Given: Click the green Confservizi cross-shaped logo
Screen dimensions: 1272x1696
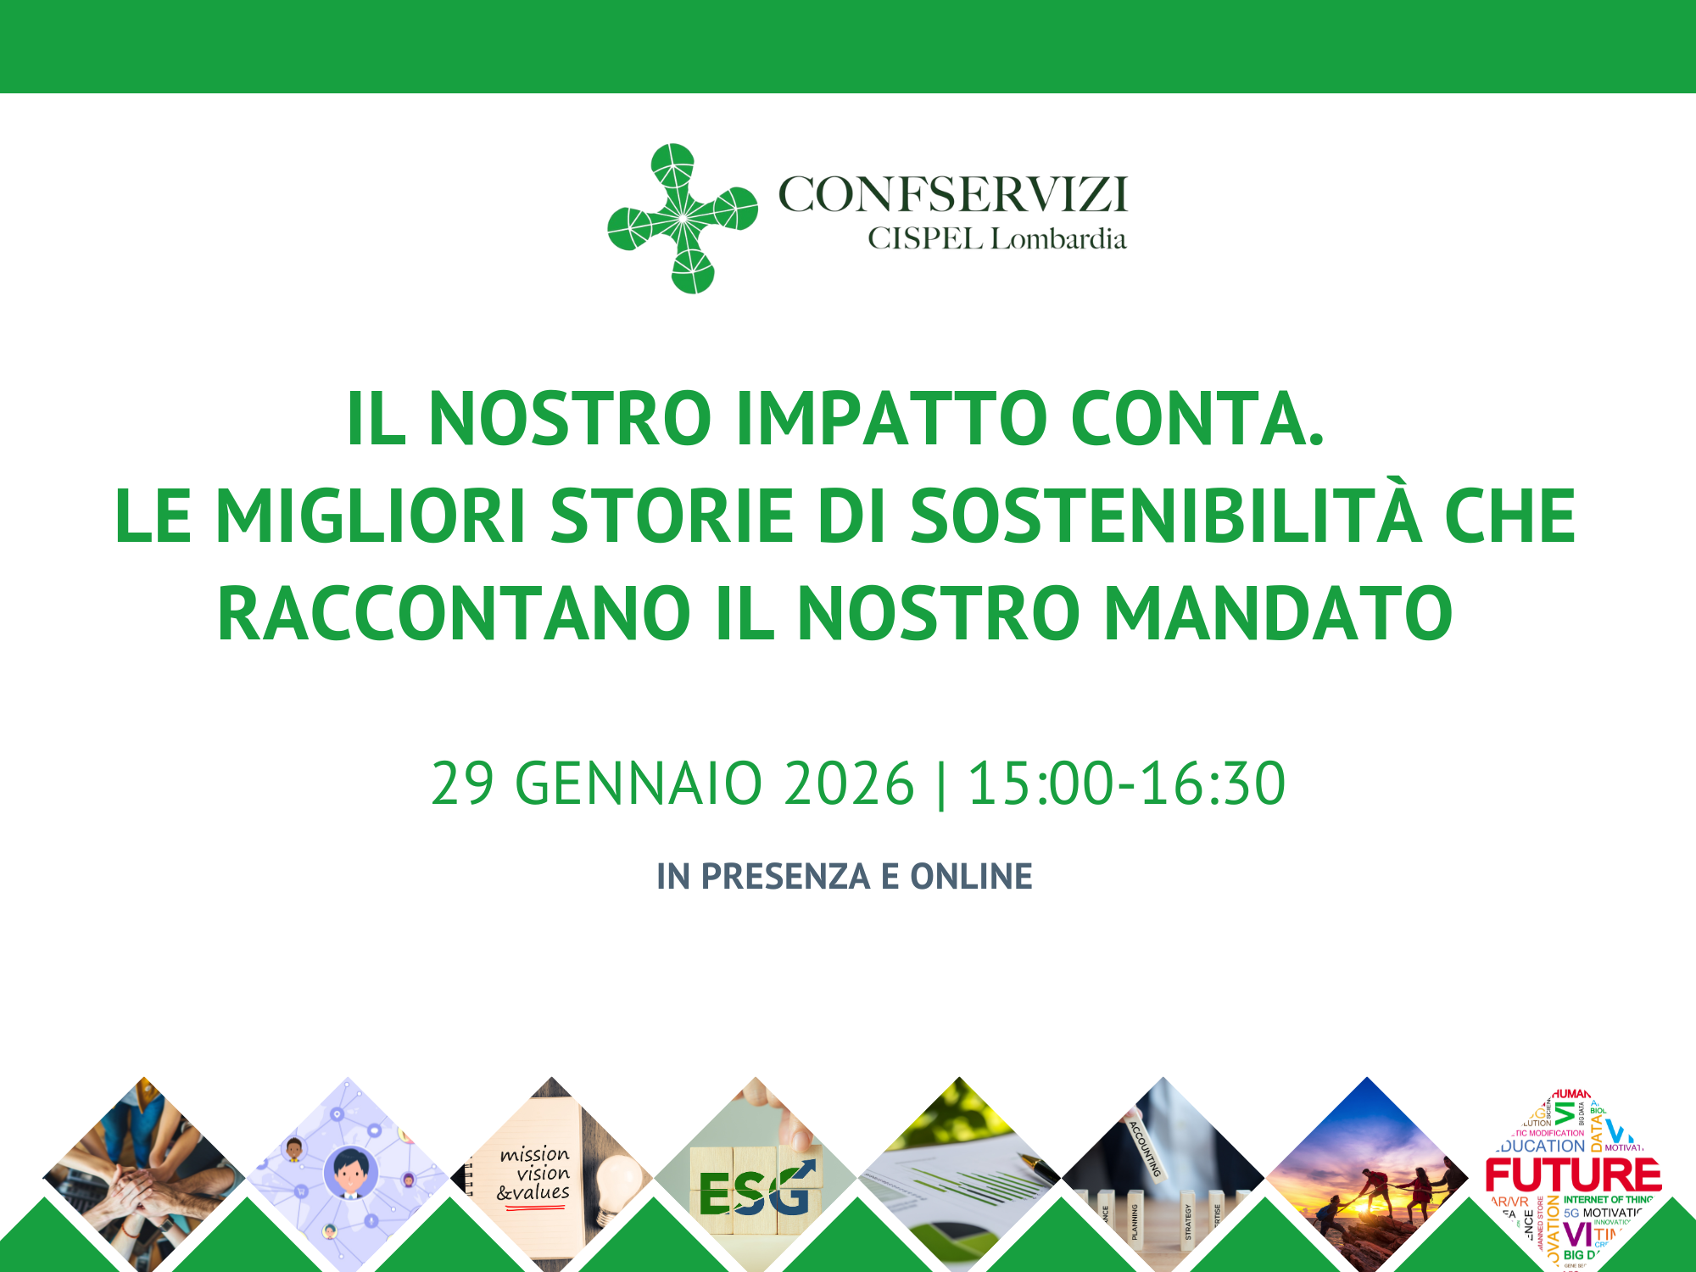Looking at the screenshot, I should (683, 219).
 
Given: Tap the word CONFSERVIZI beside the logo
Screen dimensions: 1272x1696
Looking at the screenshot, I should (953, 194).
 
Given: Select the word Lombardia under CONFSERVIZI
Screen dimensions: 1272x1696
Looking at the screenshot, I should (1058, 239).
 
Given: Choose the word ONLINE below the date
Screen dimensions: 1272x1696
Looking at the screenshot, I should (971, 876).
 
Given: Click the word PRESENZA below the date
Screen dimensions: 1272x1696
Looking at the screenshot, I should (785, 876).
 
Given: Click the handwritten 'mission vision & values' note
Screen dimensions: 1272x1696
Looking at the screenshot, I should (534, 1174).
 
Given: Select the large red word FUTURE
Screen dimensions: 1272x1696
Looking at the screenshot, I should (1573, 1175).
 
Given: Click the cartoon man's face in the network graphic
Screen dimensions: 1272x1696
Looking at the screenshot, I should (350, 1172).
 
